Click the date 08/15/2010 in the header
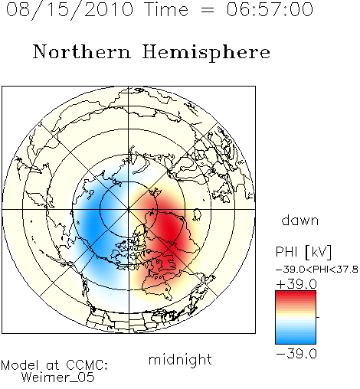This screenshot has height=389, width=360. pos(70,9)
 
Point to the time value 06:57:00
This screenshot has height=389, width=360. pos(270,9)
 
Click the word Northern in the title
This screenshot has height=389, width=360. pos(82,51)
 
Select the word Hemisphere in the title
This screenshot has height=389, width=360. pos(206,52)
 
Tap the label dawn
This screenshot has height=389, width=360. pos(300,221)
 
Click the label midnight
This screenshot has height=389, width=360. pos(180,359)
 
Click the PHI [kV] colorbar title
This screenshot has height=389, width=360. pos(303,252)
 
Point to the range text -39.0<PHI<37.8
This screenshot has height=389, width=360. pos(317,270)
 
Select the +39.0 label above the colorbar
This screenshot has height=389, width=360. pos(296,284)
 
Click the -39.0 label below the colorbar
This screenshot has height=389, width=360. pos(296,354)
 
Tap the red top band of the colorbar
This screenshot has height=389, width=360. pos(296,294)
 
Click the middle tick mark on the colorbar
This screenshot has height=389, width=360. pos(318,317)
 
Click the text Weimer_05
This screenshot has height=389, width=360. pos(58,378)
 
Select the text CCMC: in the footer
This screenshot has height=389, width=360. pos(87,365)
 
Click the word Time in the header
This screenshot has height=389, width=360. pos(166,9)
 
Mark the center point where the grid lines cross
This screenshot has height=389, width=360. pos(129,209)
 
